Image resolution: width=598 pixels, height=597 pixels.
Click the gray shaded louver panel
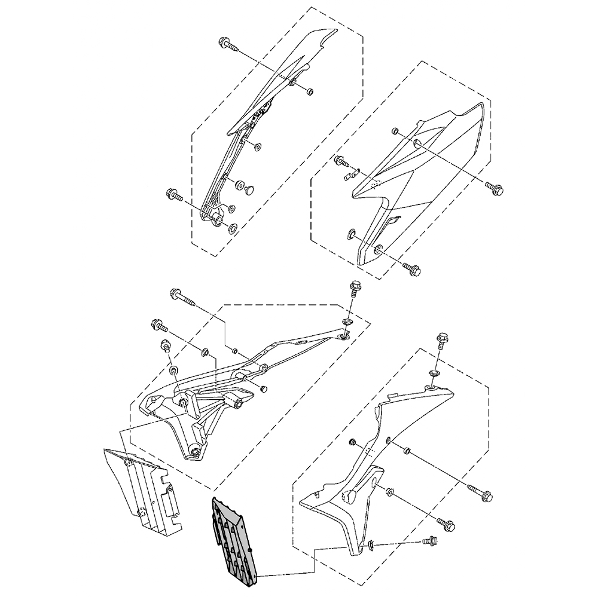(234, 538)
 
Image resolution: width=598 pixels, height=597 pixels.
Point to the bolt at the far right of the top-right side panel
(495, 189)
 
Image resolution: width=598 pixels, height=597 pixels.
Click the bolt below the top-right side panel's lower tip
(412, 270)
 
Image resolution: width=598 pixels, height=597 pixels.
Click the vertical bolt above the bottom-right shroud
(443, 341)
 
